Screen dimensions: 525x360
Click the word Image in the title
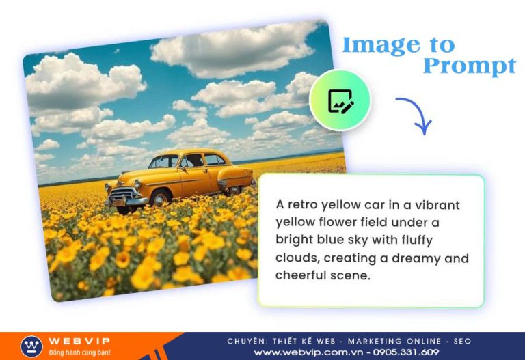point(381,46)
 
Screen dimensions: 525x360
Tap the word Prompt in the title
point(470,66)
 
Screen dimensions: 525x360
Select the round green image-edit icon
point(340,100)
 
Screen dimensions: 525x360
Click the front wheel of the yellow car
point(161,199)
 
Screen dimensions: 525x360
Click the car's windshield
point(164,162)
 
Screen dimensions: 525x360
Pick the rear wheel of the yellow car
point(236,191)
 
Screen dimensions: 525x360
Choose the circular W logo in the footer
point(32,346)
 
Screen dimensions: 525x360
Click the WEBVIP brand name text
point(79,341)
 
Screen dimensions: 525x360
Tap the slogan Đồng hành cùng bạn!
point(79,352)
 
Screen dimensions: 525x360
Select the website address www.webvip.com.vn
point(308,352)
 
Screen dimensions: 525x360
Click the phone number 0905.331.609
point(406,352)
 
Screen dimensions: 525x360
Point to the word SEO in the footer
point(462,342)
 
